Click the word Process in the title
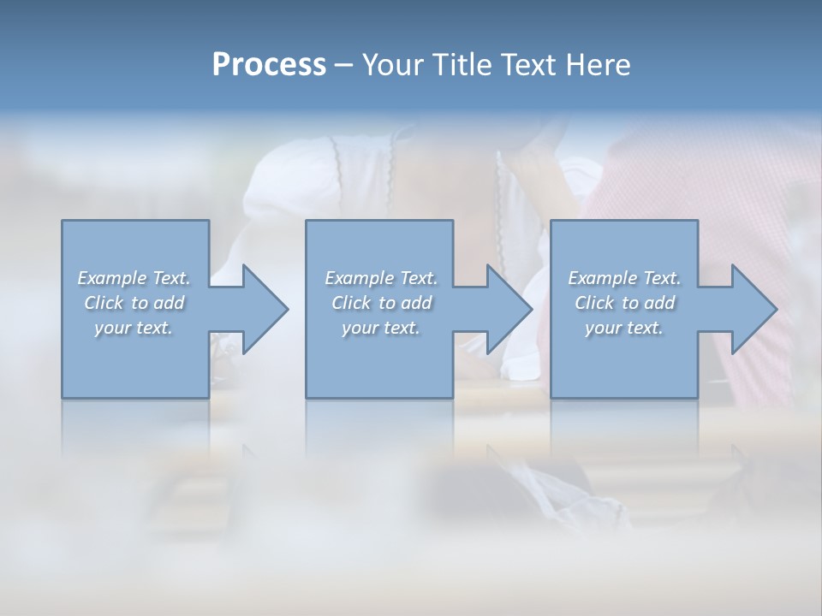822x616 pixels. tap(269, 65)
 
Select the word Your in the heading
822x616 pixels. tap(395, 65)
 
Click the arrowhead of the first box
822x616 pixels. tap(265, 309)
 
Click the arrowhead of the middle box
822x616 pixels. tap(509, 309)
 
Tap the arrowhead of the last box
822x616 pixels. tap(753, 309)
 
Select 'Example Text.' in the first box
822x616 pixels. tap(134, 278)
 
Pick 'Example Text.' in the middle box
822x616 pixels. tap(381, 278)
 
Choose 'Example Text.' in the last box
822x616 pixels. tap(624, 278)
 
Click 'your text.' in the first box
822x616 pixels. tap(134, 328)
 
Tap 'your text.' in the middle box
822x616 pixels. tap(381, 328)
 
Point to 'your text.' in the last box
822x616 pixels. tap(624, 328)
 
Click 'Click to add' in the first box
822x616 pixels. tap(134, 303)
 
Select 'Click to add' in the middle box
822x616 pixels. tap(381, 303)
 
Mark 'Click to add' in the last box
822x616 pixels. tap(624, 303)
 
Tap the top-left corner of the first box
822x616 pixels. tap(63, 221)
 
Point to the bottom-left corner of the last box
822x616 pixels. tap(551, 397)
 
